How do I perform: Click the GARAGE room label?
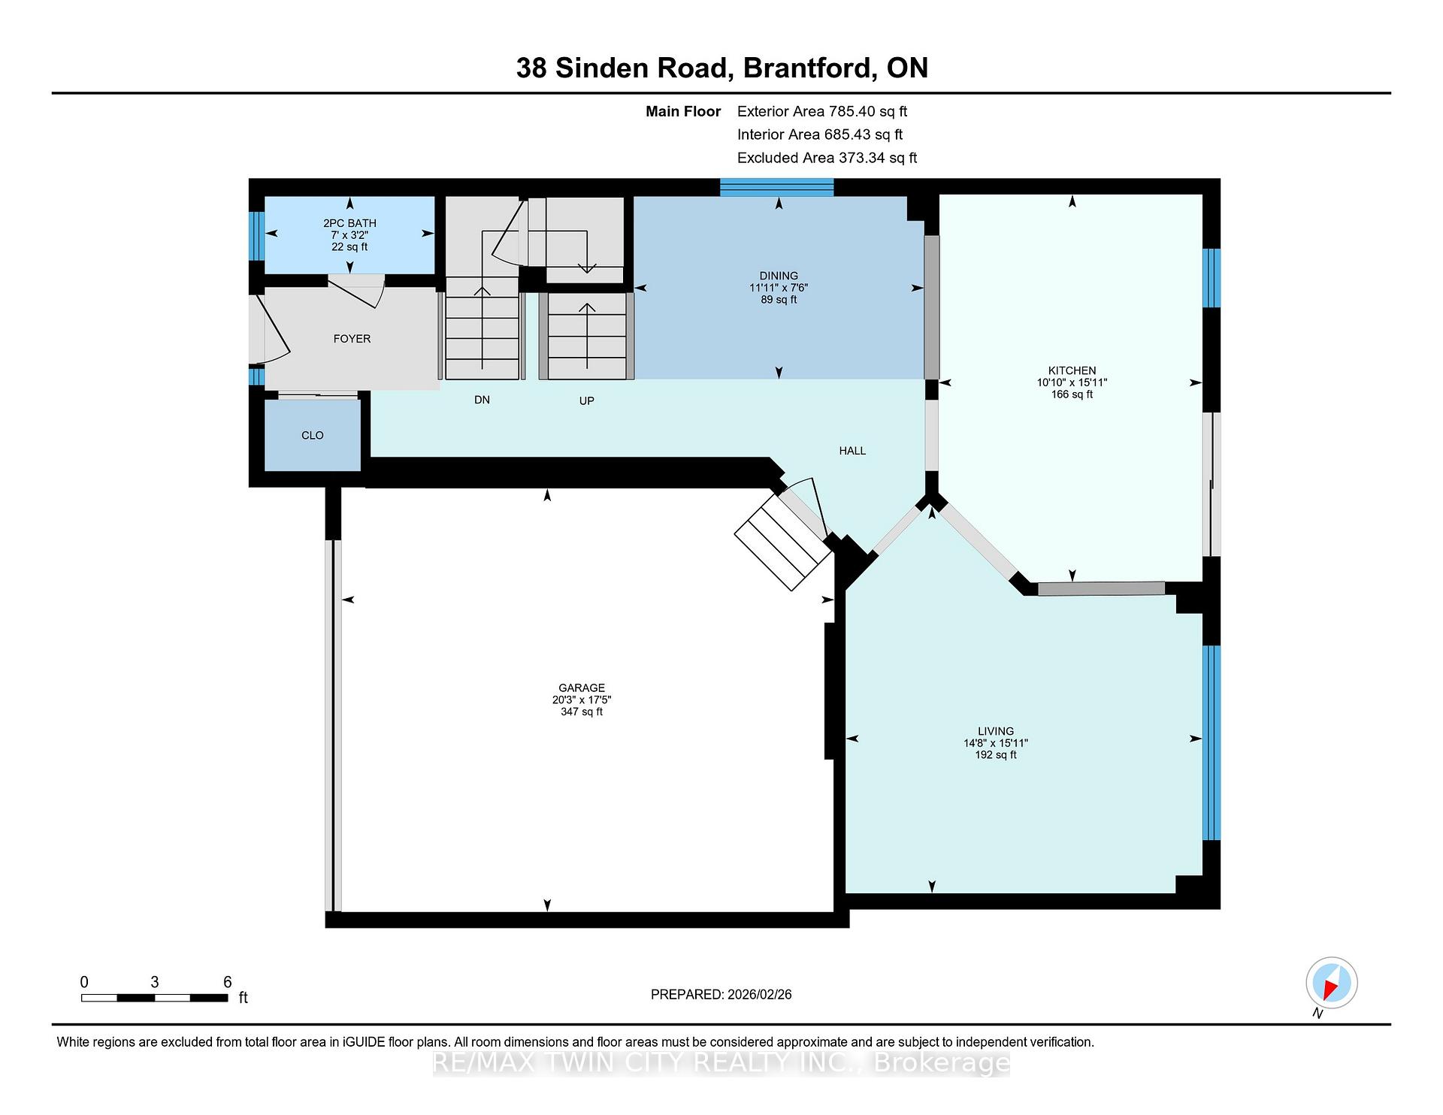coord(582,687)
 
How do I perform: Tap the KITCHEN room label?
coord(1072,370)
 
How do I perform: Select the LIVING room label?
coord(996,731)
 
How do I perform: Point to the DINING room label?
coord(779,276)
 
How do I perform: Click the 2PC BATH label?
coord(349,223)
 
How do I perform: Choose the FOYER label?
coord(352,339)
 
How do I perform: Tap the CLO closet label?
coord(313,436)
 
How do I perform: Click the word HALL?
coord(852,451)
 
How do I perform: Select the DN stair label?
coord(482,400)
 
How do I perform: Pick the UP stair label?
coord(586,400)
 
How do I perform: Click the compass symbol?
coord(1331,983)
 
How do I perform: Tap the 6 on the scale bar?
coord(227,982)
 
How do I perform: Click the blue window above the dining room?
coord(777,187)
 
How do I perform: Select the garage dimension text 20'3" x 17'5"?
coord(582,700)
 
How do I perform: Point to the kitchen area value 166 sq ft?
coord(1072,394)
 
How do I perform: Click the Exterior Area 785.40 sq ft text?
coord(822,111)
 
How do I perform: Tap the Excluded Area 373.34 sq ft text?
coord(827,158)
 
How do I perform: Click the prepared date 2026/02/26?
coord(760,995)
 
